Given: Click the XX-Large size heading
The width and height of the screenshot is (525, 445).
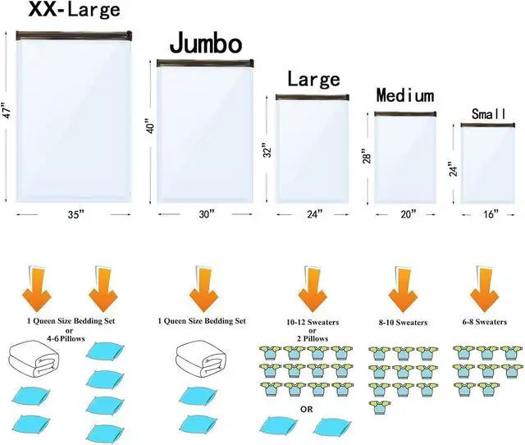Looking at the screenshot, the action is [x=74, y=9].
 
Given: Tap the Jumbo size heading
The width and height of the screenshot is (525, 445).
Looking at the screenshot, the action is [x=206, y=43].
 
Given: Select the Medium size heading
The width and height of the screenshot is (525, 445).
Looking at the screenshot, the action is [x=405, y=95].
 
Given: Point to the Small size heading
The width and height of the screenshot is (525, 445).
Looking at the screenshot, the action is [x=489, y=114].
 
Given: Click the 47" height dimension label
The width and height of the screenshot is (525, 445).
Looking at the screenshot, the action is [x=7, y=110].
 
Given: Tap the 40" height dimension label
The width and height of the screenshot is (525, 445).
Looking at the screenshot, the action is [x=151, y=126].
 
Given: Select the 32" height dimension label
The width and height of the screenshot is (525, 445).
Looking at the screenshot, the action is [x=267, y=149].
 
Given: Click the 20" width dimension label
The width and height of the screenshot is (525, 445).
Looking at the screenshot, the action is [x=409, y=214].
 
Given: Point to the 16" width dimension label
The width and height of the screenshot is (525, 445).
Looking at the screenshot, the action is [x=491, y=214].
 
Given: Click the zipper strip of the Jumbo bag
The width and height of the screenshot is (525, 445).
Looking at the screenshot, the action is [x=205, y=63].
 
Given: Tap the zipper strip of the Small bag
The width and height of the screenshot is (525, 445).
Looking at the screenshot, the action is [x=488, y=125].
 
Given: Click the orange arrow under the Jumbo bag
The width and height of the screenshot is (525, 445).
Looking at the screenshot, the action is [x=203, y=288].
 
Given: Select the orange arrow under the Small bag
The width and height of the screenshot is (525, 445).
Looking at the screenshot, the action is [x=484, y=288].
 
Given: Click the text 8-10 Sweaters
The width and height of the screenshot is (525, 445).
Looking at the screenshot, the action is [x=403, y=323].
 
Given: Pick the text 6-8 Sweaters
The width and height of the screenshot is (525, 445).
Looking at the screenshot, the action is [x=485, y=322].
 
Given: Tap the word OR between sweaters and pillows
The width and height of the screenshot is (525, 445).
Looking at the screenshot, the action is [x=306, y=409].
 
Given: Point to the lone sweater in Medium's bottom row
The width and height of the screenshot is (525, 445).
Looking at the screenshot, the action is [x=380, y=407].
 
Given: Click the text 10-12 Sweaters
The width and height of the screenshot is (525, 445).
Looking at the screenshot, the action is [x=313, y=322].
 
